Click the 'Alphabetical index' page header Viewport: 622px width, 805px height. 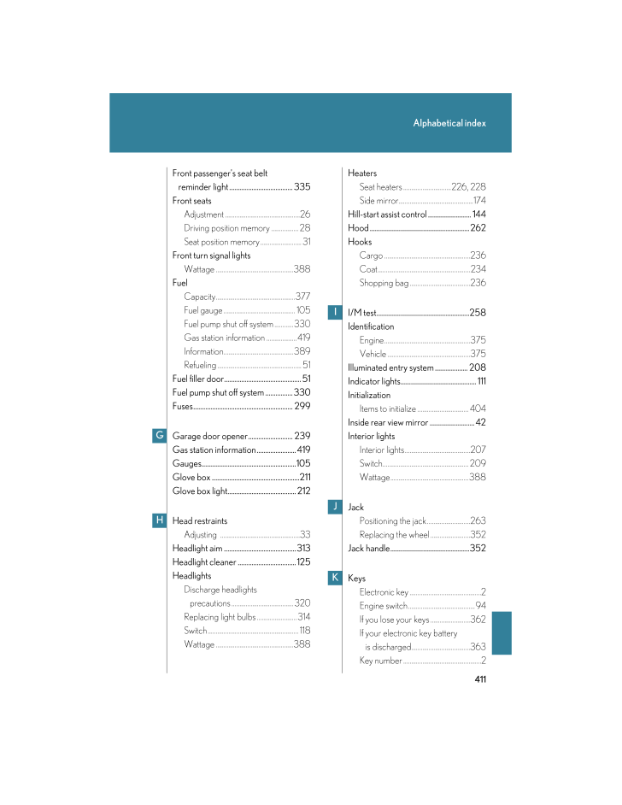pos(449,123)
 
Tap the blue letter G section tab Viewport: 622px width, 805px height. pos(160,436)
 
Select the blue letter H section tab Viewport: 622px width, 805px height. pos(160,520)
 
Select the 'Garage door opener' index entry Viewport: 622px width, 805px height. pos(210,436)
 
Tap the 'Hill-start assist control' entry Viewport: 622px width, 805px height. pos(387,214)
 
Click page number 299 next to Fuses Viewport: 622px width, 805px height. pos(302,406)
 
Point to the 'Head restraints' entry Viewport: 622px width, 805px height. pos(200,520)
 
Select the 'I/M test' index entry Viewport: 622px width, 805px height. pos(362,314)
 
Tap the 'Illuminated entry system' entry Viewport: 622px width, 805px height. pos(390,368)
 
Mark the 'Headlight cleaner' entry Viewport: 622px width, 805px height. pos(204,562)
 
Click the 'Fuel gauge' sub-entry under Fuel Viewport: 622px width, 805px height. pos(203,310)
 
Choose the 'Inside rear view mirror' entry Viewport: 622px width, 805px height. pos(388,423)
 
